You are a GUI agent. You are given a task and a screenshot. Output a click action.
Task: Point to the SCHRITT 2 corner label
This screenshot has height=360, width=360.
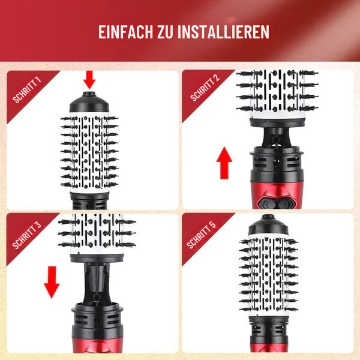[203, 89]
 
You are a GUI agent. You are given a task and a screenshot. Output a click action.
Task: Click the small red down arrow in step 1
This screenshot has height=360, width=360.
[89, 79]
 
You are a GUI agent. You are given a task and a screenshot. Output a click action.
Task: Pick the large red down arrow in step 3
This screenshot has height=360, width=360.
[52, 281]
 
